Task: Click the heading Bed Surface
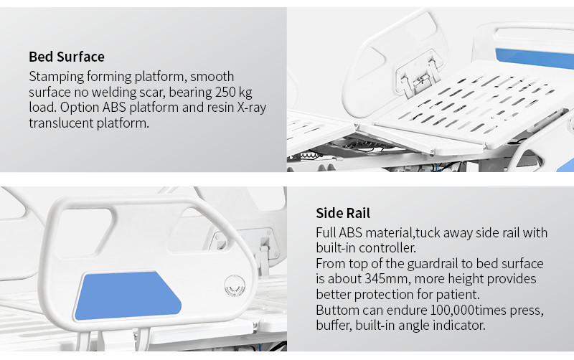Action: click(x=67, y=57)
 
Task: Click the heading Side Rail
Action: click(x=343, y=213)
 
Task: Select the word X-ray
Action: click(x=252, y=108)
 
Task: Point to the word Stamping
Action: click(x=57, y=77)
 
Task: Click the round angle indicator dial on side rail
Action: click(x=235, y=285)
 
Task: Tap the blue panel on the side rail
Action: click(x=128, y=295)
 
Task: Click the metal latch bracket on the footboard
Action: click(x=418, y=73)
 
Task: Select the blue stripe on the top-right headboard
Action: click(x=535, y=58)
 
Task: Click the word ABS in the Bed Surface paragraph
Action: click(x=114, y=108)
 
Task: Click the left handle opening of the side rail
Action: click(x=84, y=232)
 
